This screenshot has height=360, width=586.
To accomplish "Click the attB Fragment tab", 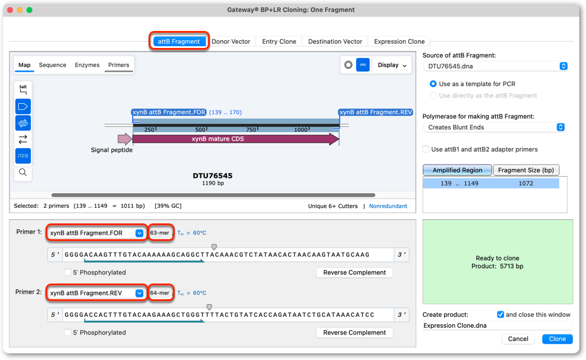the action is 178,41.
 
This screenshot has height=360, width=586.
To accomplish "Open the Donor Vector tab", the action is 231,41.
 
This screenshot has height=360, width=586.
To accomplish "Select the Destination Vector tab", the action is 335,41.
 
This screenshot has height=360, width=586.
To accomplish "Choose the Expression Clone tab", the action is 399,41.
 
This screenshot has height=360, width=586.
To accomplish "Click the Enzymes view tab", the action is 87,65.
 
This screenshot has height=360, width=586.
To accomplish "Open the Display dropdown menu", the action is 392,65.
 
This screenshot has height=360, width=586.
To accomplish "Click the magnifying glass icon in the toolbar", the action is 23,172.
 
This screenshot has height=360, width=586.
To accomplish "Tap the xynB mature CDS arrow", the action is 236,138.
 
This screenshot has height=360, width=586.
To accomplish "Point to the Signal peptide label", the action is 112,150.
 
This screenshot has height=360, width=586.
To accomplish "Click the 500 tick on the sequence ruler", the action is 201,129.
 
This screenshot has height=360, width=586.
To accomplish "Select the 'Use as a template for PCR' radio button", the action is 433,84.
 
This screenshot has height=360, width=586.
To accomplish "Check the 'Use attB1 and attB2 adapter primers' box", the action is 426,149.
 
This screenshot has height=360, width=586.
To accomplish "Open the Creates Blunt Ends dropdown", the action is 494,127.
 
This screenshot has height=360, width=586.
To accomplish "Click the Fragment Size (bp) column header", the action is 526,170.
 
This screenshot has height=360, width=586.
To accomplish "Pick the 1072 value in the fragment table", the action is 525,183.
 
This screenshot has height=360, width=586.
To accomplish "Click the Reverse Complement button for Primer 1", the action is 354,273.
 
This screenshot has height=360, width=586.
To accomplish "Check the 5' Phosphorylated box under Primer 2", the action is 68,332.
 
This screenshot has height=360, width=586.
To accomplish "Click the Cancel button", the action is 517,339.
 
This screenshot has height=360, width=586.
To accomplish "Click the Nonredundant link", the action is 388,206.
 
